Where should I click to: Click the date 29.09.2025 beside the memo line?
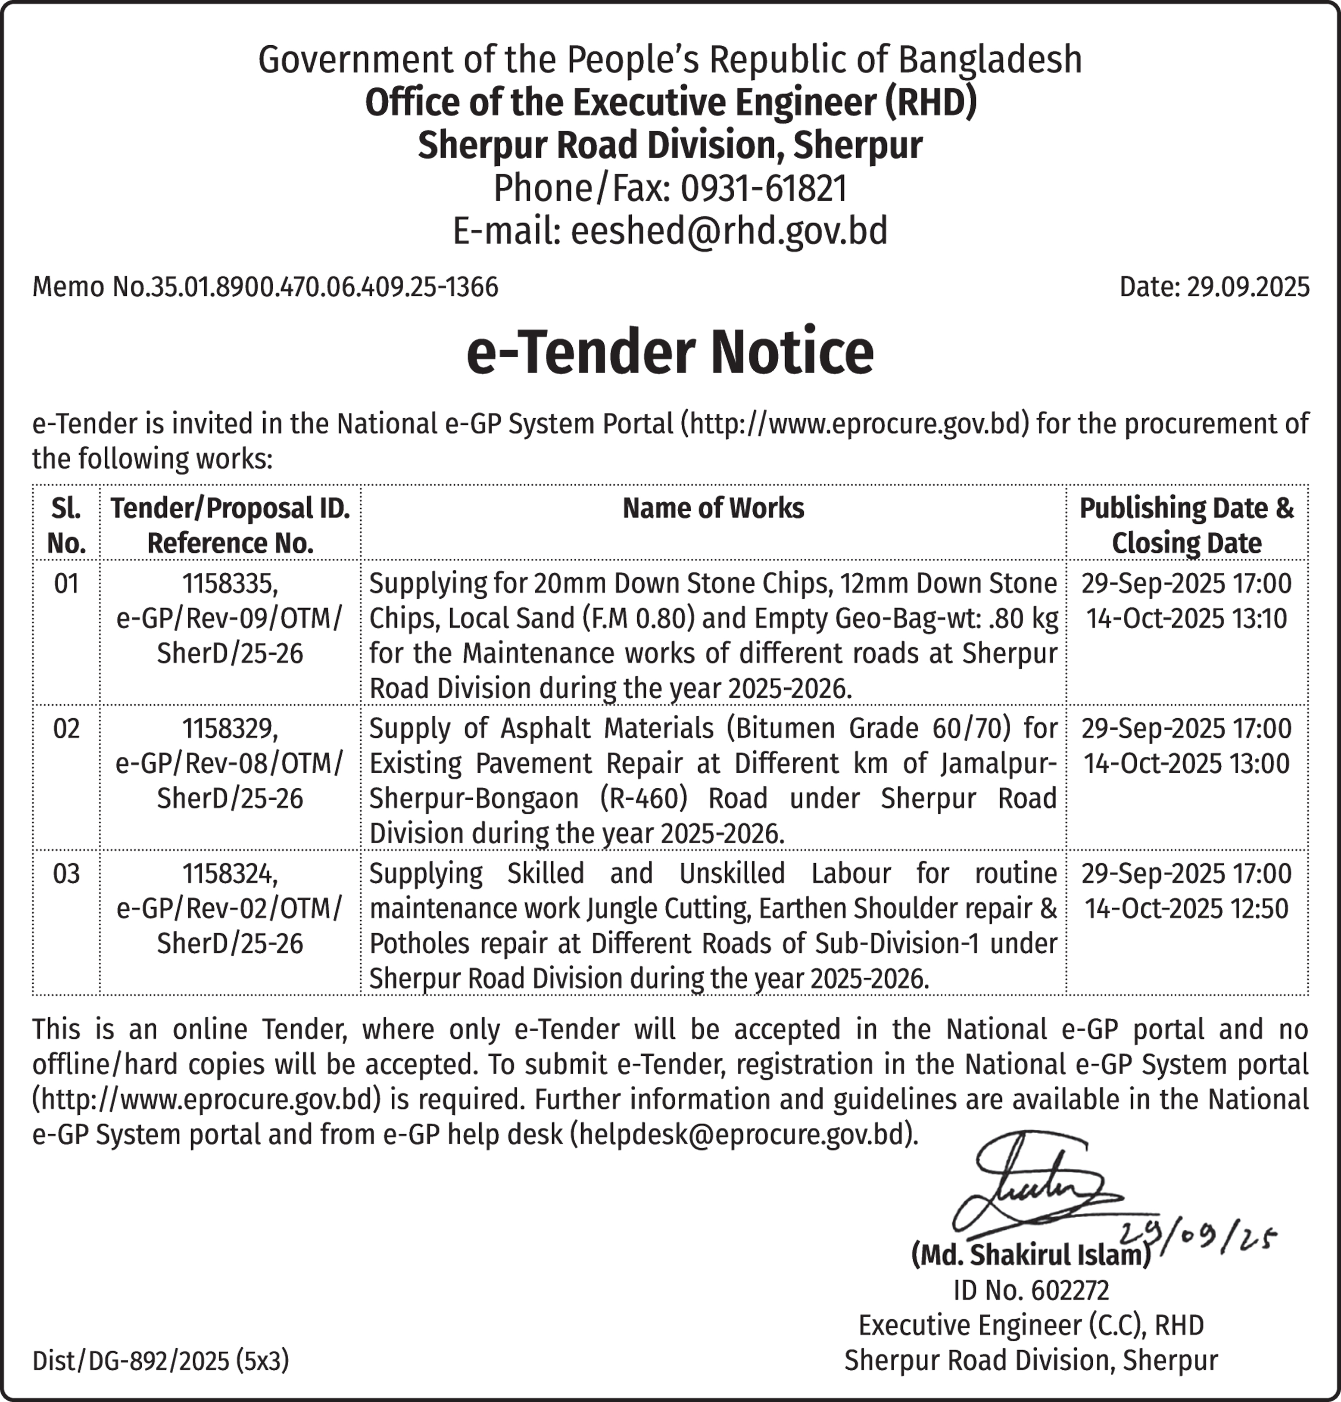pos(1247,287)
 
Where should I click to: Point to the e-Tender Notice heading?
pos(670,353)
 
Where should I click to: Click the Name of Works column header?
pos(713,509)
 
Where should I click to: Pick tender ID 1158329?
pos(229,729)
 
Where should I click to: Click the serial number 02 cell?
pos(66,729)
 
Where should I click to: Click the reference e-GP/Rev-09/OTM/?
pos(229,619)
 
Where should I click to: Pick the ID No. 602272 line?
pos(1031,1290)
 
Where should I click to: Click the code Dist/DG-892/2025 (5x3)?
pos(161,1361)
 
